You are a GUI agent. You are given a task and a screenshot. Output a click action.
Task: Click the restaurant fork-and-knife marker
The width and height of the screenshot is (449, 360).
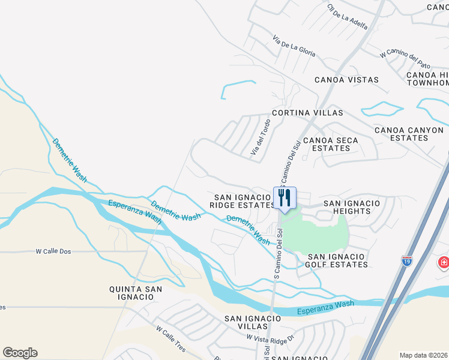click(x=285, y=198)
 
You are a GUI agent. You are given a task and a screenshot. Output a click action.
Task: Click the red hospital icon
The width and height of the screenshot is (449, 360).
click(x=444, y=262)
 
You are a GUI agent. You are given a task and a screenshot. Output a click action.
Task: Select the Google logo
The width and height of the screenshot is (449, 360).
click(x=20, y=353)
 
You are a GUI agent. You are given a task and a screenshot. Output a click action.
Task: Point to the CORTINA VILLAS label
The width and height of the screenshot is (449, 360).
click(x=307, y=113)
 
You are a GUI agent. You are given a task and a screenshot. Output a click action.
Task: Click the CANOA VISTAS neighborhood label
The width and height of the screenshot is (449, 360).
click(x=347, y=80)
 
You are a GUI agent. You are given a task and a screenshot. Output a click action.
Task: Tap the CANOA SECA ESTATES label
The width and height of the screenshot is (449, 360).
click(x=331, y=145)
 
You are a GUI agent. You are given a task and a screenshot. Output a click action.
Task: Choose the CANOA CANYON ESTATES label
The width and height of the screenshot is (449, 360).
click(x=409, y=134)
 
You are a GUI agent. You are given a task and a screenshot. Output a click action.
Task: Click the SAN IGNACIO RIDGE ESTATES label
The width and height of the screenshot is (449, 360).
click(x=241, y=201)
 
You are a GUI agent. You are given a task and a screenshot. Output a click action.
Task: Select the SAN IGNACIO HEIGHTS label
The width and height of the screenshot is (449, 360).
click(x=352, y=208)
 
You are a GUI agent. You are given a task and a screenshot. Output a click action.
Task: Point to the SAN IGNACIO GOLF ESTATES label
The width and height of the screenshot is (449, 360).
click(x=337, y=260)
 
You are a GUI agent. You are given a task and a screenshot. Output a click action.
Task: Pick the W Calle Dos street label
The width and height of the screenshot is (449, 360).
click(x=54, y=251)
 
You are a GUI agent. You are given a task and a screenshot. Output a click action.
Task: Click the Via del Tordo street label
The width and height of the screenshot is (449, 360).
click(x=261, y=137)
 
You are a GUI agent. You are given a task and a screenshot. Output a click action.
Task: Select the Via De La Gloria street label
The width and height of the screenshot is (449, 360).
click(x=294, y=46)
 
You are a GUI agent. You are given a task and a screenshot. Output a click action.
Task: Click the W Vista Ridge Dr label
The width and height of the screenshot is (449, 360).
click(x=271, y=338)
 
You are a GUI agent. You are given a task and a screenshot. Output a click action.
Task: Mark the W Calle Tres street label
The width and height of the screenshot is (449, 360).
click(x=170, y=338)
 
